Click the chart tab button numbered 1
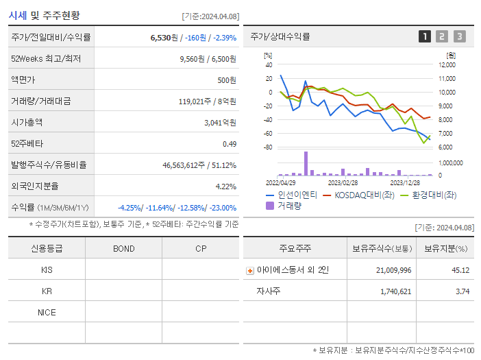click(x=425, y=36)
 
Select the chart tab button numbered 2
click(x=442, y=36)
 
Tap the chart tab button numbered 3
click(x=459, y=36)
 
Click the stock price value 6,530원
click(x=165, y=38)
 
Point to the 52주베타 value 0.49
click(x=229, y=144)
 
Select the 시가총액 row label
click(x=27, y=123)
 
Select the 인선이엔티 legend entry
click(x=292, y=195)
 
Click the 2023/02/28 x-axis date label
click(x=343, y=182)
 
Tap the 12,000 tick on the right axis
click(x=445, y=64)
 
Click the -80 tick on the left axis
click(x=268, y=147)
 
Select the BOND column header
click(x=124, y=248)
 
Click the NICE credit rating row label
click(x=47, y=313)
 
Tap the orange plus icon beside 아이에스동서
click(x=250, y=271)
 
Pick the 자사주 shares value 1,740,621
click(x=394, y=291)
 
